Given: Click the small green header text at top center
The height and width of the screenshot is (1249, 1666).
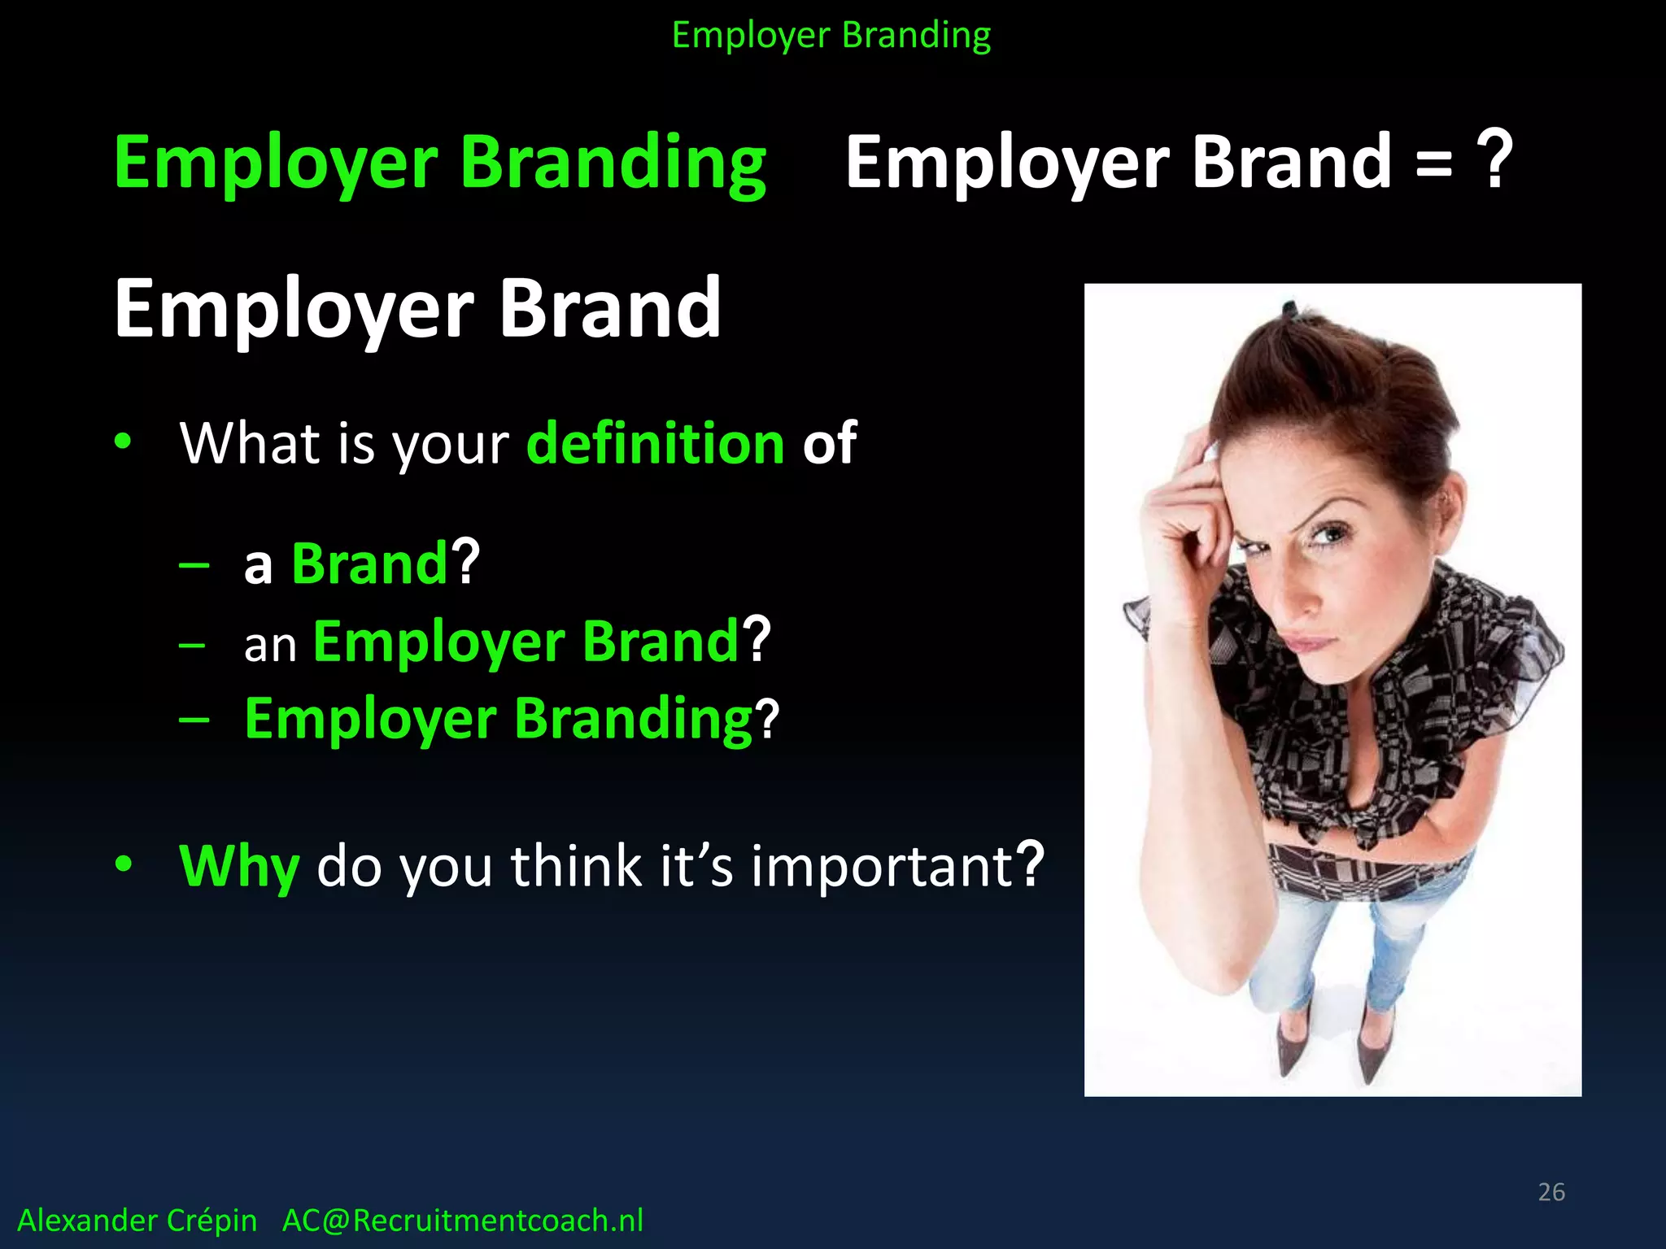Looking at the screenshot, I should tap(831, 36).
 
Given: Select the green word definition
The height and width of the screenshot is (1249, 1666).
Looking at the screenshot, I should tap(655, 444).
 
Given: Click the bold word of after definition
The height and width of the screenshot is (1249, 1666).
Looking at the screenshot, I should tap(829, 444).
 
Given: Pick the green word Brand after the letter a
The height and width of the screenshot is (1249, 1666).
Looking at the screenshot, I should tap(369, 563).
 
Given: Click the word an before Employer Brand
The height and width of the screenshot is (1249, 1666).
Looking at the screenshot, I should tap(270, 646).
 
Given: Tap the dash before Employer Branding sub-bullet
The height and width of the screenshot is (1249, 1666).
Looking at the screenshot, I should tap(194, 720).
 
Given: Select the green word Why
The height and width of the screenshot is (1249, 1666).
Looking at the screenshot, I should tap(239, 867).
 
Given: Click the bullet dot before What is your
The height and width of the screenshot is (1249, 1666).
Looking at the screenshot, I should tap(123, 442).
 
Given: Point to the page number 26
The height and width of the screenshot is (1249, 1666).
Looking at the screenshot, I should tap(1551, 1192).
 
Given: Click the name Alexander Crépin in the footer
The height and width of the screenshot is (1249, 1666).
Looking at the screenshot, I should tap(137, 1221).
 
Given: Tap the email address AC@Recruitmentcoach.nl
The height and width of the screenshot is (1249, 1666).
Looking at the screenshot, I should tap(462, 1221).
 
